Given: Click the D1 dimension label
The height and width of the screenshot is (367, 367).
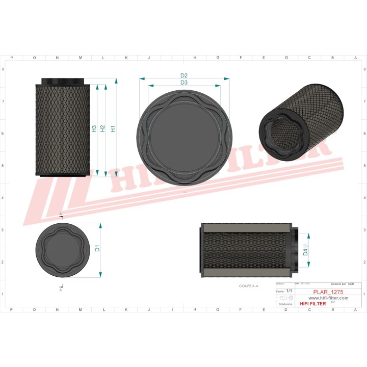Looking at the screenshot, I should tap(97, 249).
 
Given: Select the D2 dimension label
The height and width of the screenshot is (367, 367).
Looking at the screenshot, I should tap(184, 75).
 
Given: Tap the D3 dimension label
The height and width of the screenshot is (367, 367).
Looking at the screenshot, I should tap(184, 83).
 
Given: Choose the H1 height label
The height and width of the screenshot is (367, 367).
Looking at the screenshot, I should tap(113, 128).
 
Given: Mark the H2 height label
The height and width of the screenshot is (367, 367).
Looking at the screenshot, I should tap(103, 128).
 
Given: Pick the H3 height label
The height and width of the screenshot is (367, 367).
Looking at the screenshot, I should tap(94, 128).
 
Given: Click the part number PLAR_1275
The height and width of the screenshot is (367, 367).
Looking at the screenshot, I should tap(328, 292).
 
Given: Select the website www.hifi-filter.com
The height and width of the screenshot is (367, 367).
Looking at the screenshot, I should tap(328, 298).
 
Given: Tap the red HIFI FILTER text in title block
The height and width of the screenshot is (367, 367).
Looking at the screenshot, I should tap(312, 303).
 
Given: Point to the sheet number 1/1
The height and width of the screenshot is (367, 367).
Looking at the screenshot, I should tap(289, 290).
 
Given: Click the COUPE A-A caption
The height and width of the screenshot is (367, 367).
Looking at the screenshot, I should tap(249, 286).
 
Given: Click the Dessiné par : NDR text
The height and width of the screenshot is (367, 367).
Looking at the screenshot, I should tap(343, 283).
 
